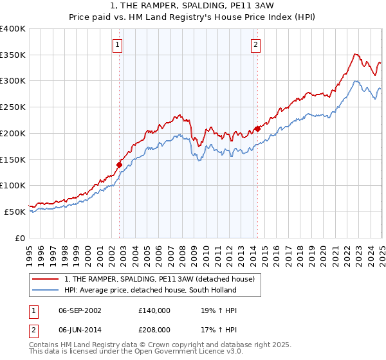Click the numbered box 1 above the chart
tap(119, 45)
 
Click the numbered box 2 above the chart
tap(256, 45)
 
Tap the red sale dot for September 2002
tap(119, 165)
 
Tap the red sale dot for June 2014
tap(257, 129)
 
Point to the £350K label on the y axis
tap(13, 55)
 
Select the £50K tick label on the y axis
tap(15, 212)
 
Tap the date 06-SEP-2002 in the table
tap(80, 310)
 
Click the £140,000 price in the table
tap(154, 310)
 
